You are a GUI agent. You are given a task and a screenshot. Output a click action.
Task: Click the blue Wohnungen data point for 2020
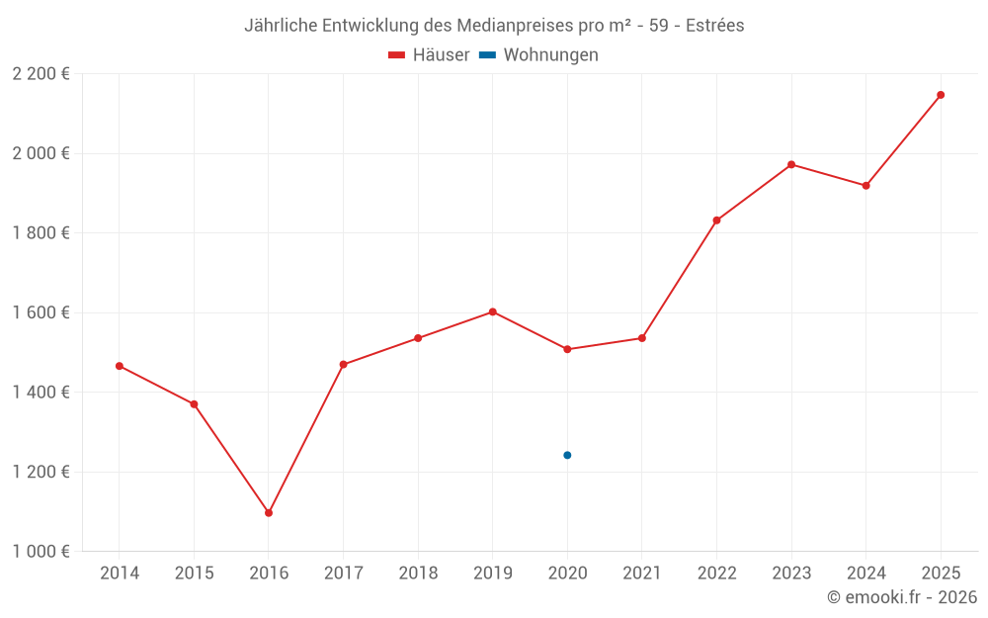(567, 455)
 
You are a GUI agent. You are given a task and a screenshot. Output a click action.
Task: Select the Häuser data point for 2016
(269, 512)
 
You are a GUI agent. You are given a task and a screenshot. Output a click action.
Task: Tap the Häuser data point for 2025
(941, 95)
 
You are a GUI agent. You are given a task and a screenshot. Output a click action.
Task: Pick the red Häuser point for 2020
(567, 349)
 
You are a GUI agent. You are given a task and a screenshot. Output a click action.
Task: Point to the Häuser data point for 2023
(791, 164)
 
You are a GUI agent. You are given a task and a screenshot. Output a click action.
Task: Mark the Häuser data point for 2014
(120, 366)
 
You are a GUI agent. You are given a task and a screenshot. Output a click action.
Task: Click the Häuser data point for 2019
(492, 311)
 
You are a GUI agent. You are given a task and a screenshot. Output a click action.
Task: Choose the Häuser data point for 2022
(716, 221)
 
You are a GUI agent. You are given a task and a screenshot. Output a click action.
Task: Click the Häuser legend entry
(429, 55)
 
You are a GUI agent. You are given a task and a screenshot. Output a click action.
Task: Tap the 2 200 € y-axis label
(41, 73)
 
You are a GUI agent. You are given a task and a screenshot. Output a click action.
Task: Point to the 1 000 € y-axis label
(41, 551)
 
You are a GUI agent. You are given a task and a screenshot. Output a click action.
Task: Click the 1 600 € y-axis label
(41, 312)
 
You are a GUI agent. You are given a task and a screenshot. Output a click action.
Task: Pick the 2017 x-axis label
(343, 574)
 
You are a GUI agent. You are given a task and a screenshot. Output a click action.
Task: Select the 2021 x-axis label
(642, 574)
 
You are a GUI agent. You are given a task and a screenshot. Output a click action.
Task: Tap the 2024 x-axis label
(865, 574)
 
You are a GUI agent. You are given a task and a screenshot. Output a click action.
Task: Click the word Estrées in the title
(715, 26)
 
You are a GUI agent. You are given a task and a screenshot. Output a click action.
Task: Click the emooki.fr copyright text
(902, 597)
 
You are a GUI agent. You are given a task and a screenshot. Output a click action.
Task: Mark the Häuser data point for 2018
(418, 338)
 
